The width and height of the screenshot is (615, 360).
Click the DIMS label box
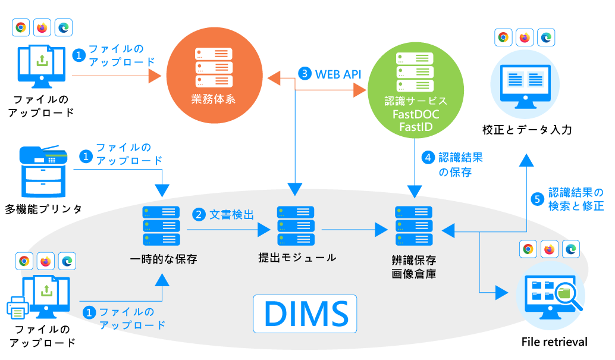305,313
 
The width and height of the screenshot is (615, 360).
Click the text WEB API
338,74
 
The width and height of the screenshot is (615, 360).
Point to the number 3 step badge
305,74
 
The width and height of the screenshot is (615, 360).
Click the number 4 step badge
427,158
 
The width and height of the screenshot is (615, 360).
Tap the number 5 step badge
538,199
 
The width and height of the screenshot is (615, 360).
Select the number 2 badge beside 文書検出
198,215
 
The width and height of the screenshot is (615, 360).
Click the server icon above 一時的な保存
161,226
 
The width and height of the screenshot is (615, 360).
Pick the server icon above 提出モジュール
296,226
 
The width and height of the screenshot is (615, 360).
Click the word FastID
416,127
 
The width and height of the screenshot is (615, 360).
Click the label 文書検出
231,215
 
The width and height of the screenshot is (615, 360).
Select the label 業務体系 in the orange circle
214,99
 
